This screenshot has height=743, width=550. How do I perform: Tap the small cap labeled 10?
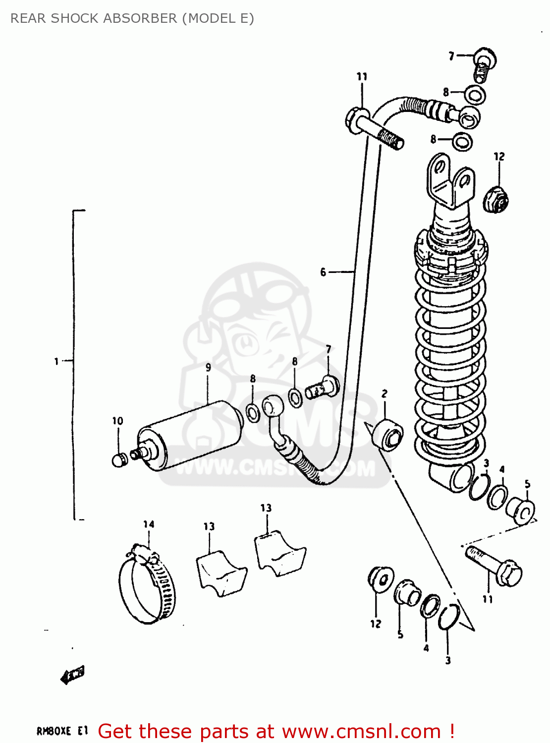point(118,460)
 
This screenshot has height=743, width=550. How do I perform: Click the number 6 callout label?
point(323,272)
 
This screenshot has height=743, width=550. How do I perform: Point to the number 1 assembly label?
point(56,361)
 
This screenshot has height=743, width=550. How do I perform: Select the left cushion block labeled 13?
point(220,574)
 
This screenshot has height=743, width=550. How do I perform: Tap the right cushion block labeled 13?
point(279,552)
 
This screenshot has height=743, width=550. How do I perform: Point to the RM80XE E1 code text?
point(62,731)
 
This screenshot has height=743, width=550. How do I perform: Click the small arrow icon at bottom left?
point(72,675)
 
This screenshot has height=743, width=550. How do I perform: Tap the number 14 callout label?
point(149,524)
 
